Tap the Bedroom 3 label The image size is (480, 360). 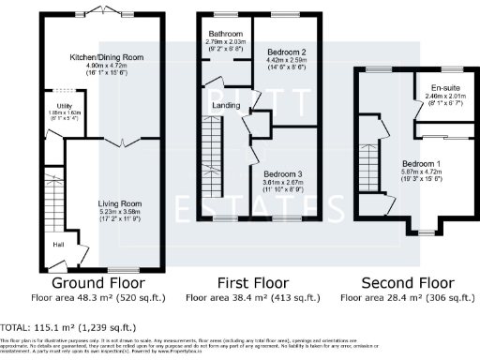pos(281,174)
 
